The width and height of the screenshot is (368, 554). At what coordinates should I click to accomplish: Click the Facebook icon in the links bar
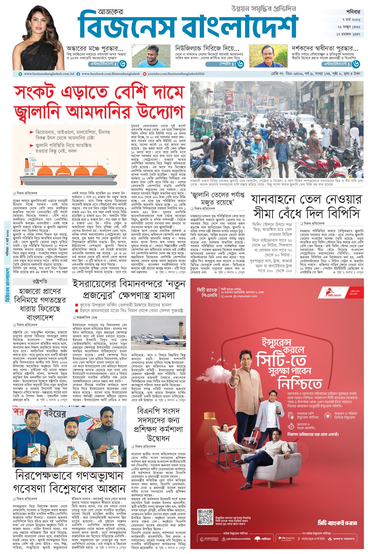pos(78,74)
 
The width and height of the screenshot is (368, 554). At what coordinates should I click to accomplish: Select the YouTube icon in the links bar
pos(144,74)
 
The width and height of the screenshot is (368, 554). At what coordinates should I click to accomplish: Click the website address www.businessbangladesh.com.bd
pos(49,74)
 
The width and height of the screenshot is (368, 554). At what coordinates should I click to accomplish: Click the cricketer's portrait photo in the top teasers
pos(143,56)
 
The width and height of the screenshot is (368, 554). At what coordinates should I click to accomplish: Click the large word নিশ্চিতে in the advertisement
pos(300,384)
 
